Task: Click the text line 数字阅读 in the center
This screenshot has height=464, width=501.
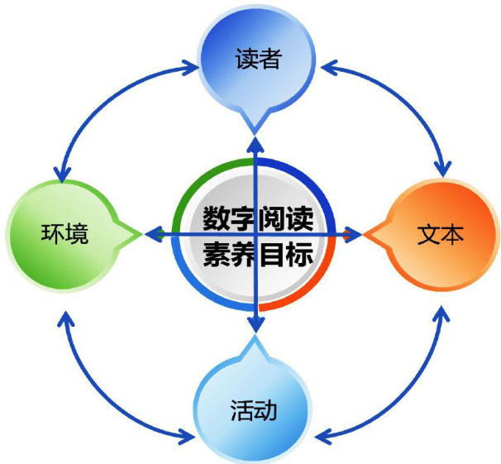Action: click(x=255, y=220)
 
